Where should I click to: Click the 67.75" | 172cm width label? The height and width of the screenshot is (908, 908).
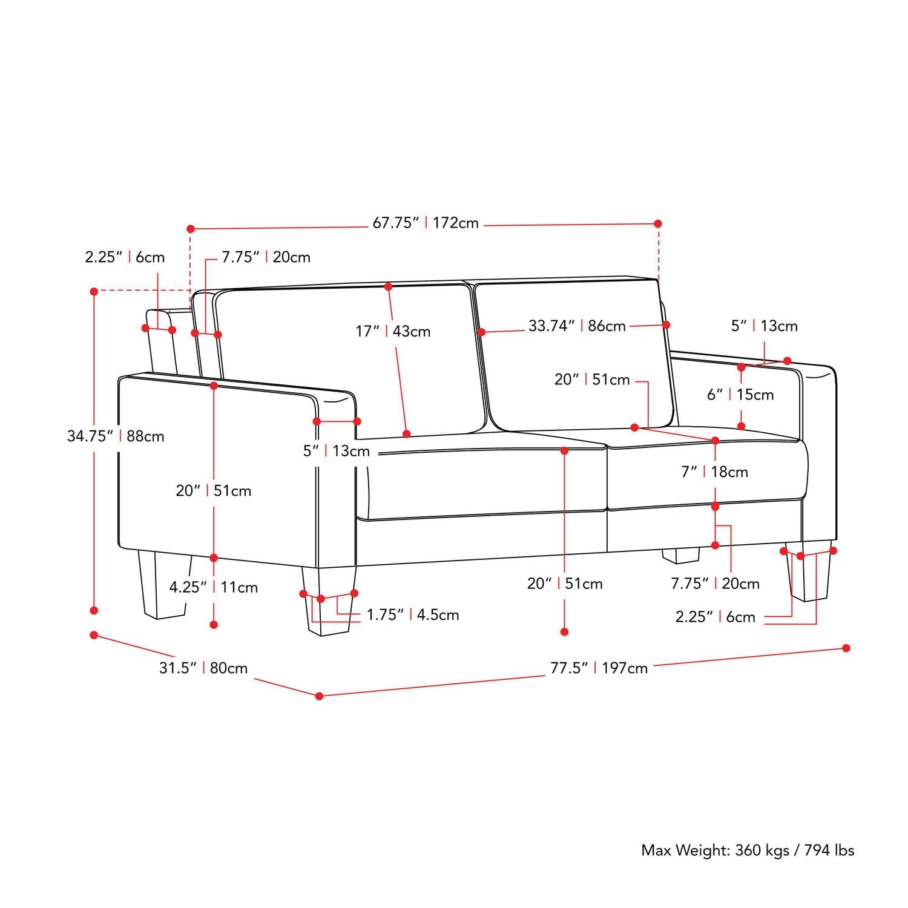coord(426,223)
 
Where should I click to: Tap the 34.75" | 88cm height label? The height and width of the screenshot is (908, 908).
coord(116,436)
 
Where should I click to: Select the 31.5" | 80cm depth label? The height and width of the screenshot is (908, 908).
coord(203,668)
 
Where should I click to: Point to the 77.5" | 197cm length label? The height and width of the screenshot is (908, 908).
coord(599,668)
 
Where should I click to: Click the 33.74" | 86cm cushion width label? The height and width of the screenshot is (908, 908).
coord(577,326)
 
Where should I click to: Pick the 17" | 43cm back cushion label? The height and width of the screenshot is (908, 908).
coord(393,331)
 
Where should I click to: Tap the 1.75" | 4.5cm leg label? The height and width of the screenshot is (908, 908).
coord(413,614)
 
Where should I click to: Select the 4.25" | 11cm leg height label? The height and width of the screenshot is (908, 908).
coord(213,587)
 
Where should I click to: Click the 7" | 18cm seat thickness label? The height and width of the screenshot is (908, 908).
coord(714,472)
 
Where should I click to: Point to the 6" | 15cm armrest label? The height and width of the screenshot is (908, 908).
coord(740,395)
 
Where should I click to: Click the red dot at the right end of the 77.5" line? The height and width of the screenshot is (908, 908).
coord(846,648)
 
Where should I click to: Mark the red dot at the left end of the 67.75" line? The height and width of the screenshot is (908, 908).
coord(191,229)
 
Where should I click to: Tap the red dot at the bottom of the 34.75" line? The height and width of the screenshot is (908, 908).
coord(94,611)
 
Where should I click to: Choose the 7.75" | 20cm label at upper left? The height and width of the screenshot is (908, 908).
coord(266,257)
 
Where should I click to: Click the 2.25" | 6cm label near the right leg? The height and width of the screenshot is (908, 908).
coord(715,617)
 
